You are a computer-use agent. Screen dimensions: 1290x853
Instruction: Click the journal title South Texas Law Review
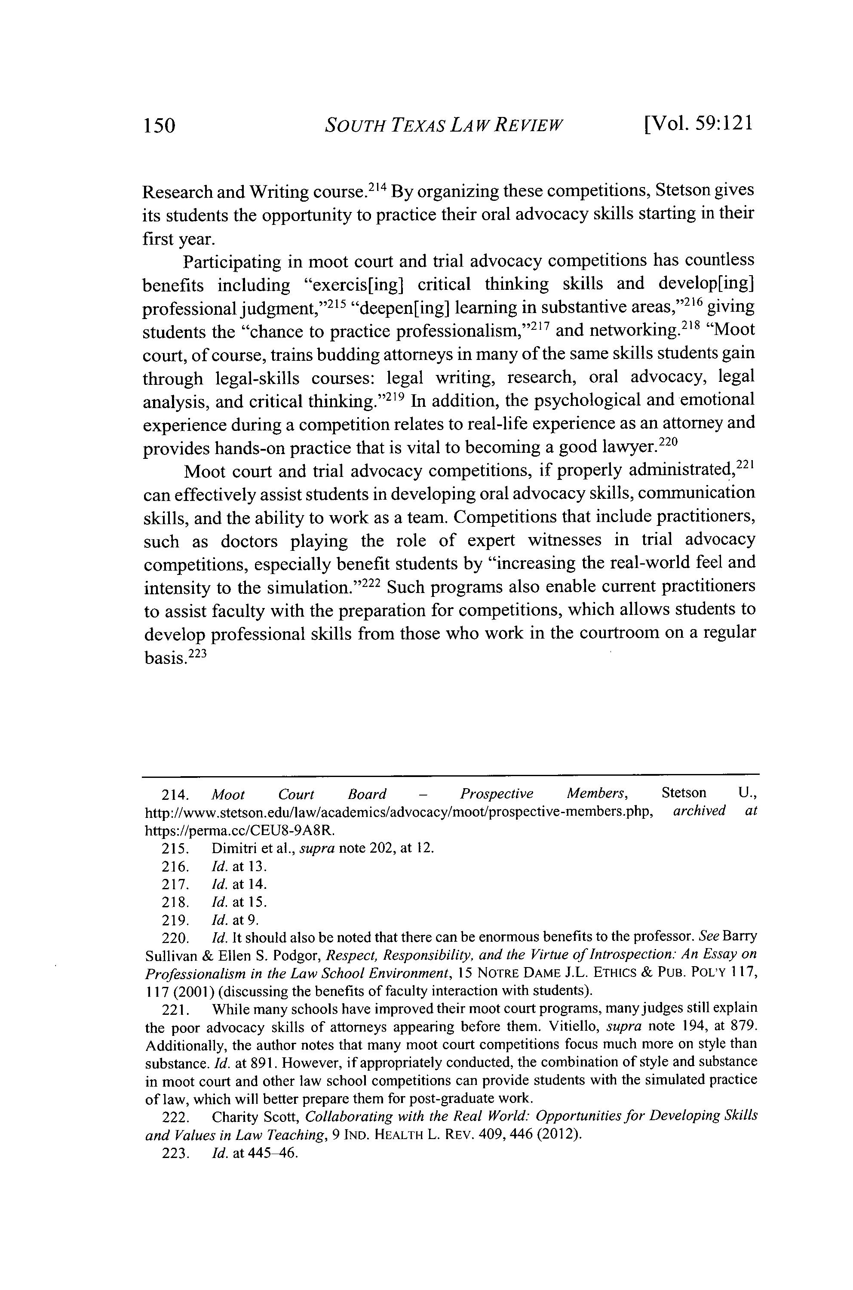443,126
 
